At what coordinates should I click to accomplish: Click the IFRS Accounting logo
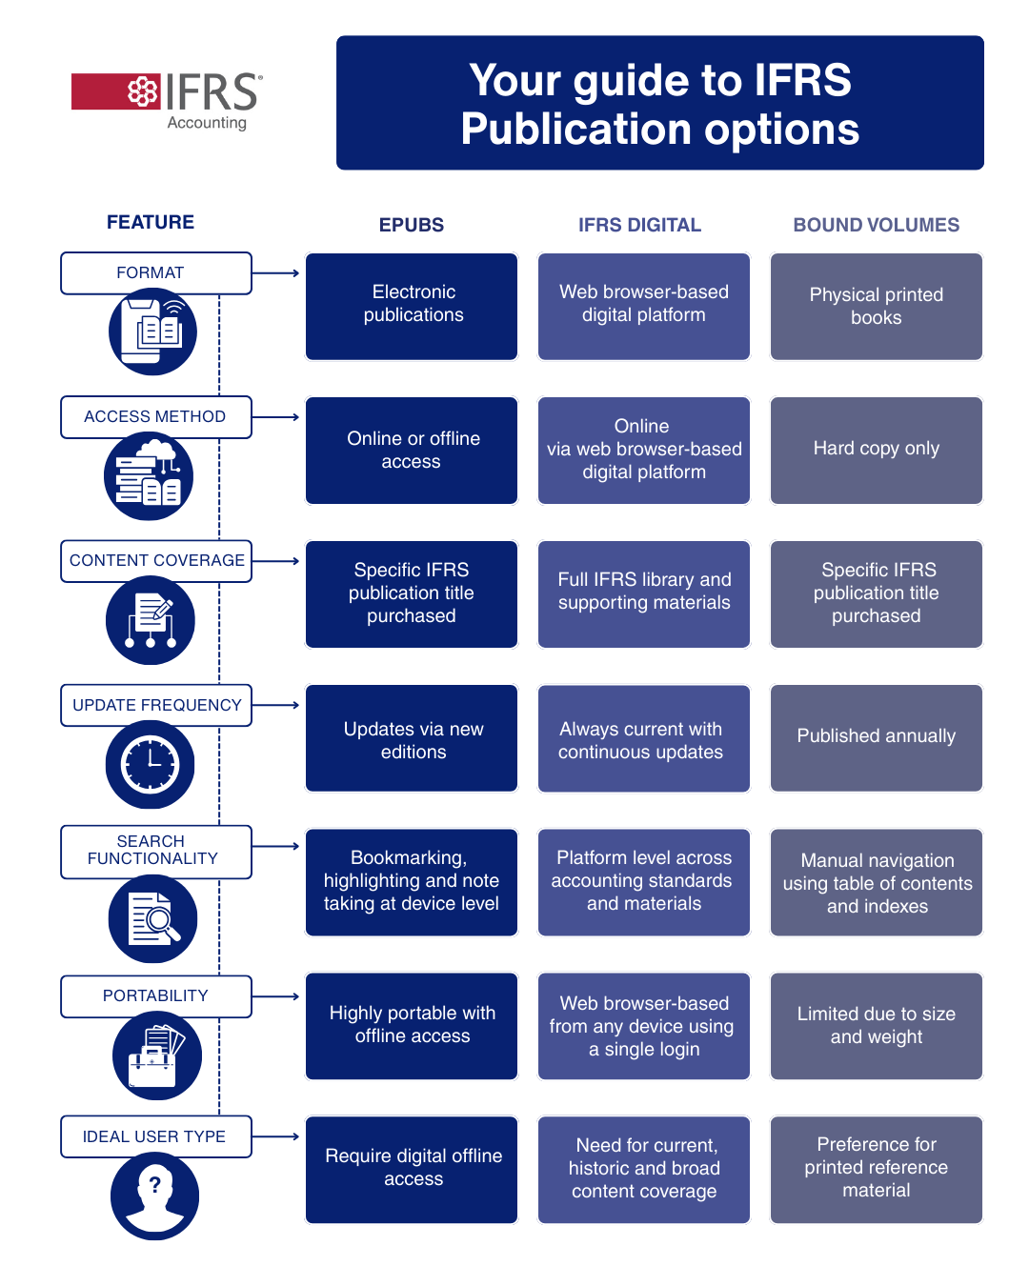pos(167,98)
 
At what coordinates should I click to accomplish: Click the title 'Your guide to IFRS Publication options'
pos(659,104)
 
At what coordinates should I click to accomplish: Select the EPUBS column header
pos(412,225)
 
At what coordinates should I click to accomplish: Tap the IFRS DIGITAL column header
pos(639,225)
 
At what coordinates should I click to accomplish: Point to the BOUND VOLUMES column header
pos(876,225)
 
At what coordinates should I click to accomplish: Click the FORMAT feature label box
pos(156,273)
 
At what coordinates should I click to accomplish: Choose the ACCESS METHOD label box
pos(156,417)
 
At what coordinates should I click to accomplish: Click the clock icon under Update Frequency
pos(150,764)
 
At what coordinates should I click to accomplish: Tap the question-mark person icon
pos(154,1196)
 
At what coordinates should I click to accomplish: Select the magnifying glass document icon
pos(152,919)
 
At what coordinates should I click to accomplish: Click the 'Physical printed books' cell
pos(876,307)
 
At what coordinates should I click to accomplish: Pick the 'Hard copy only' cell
pos(876,450)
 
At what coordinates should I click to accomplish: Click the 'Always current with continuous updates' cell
pos(643,739)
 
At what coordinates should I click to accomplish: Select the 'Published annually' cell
pos(876,737)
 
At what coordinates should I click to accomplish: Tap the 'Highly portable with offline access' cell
pos(412,1025)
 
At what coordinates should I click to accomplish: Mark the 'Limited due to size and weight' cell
pos(876,1025)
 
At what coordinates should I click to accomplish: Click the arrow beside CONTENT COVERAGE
pos(277,561)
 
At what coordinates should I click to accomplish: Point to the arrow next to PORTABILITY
pos(277,996)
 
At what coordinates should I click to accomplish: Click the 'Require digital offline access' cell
pos(412,1169)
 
